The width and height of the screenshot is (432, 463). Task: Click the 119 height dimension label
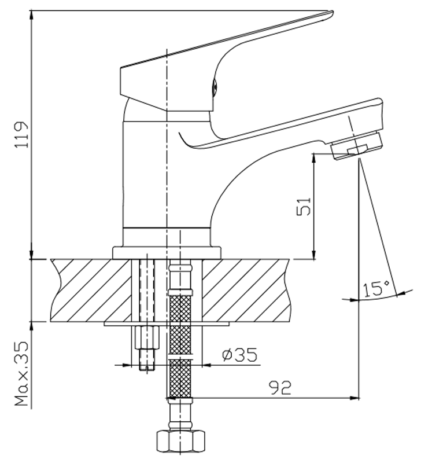point(22,134)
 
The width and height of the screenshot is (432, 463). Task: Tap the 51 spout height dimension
point(304,207)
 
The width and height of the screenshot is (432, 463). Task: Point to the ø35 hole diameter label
point(239,354)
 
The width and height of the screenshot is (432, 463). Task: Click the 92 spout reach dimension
point(280,388)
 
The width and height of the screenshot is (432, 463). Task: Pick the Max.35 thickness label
point(22,374)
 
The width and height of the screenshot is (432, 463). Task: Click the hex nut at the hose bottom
point(180,441)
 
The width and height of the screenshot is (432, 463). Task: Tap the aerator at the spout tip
point(356,146)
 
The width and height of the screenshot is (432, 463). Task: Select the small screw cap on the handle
point(215,87)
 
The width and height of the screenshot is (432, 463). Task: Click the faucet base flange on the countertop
point(167,253)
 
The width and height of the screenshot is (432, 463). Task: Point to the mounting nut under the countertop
point(147,337)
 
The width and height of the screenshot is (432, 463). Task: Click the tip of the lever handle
point(332,13)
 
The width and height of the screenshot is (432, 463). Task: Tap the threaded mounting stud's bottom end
point(147,369)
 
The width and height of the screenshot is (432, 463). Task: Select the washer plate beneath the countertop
point(167,324)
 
